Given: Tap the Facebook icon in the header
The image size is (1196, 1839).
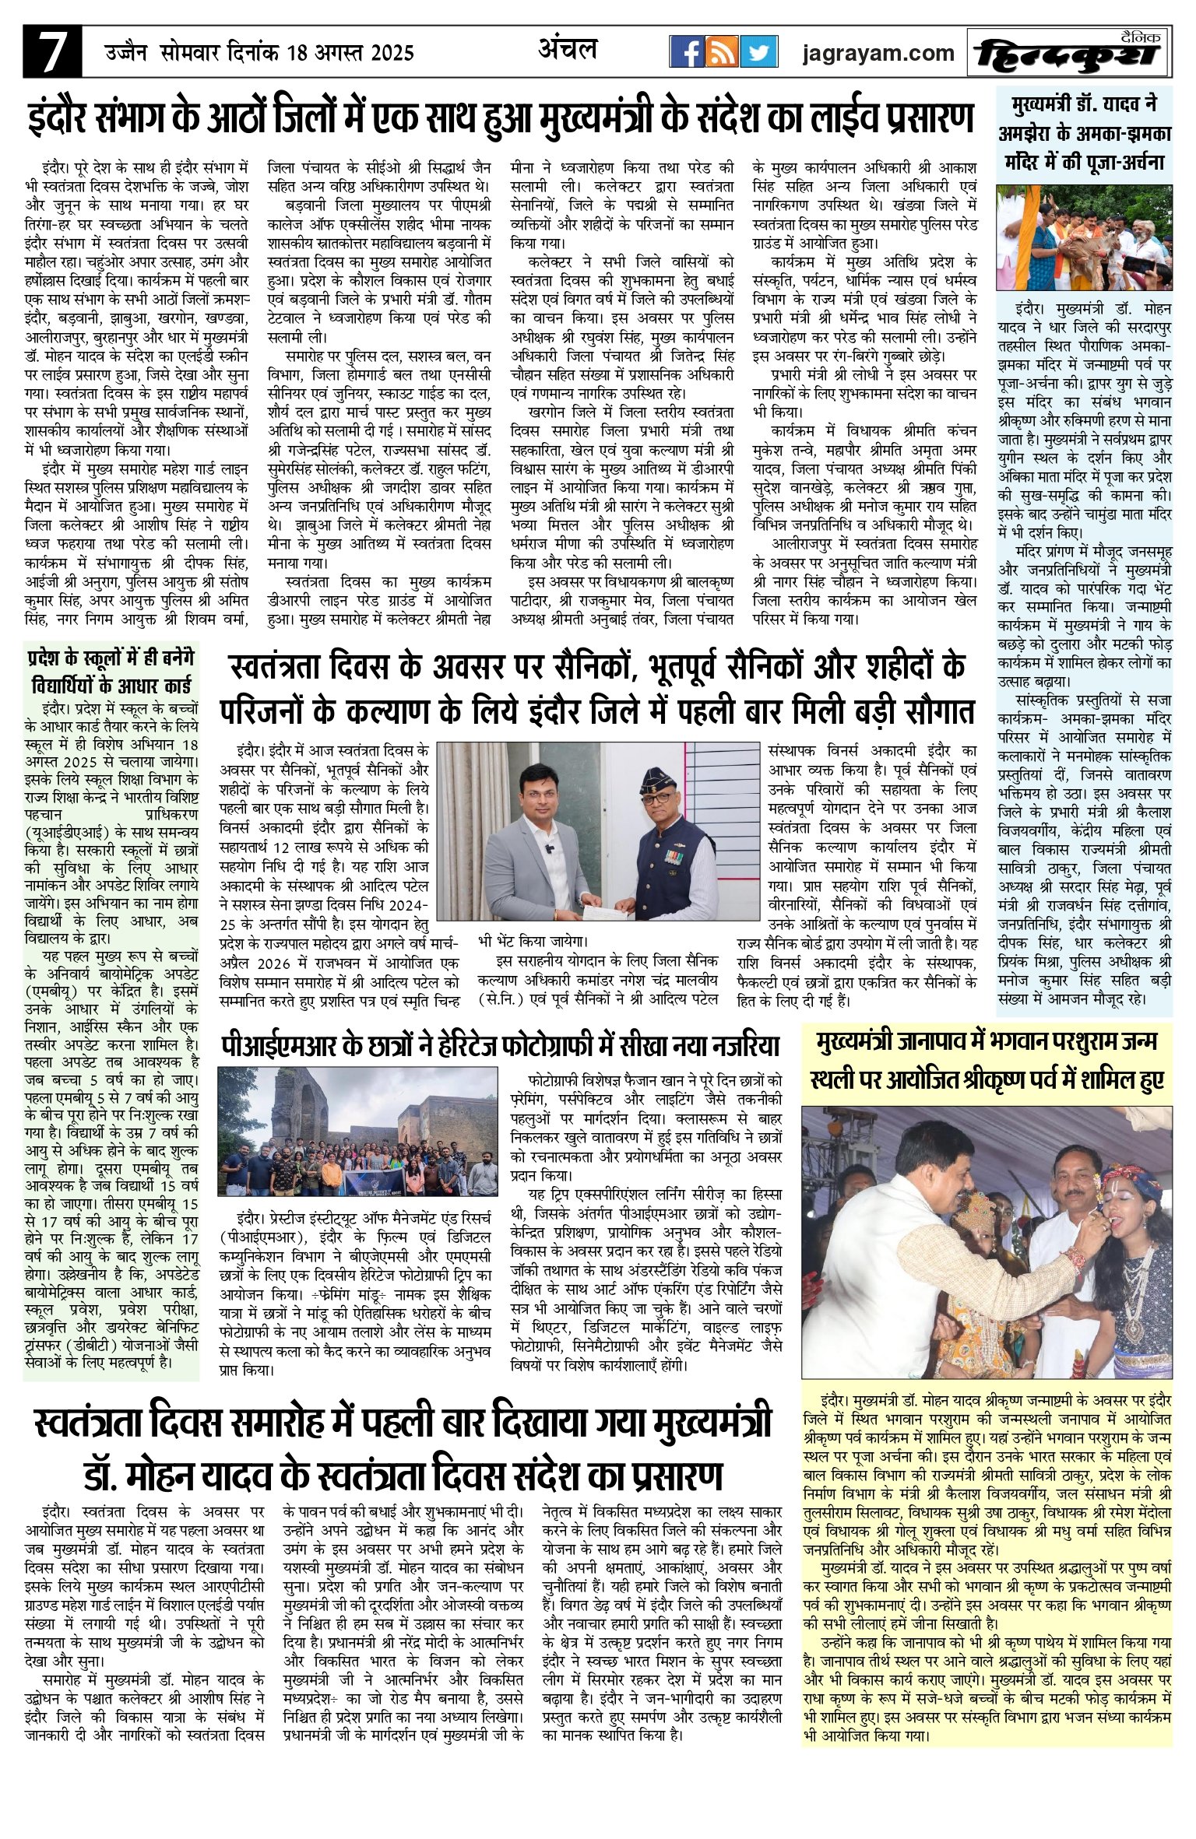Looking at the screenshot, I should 688,51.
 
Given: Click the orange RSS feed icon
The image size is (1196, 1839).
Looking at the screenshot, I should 723,51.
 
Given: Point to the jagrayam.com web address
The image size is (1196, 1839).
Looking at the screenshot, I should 878,53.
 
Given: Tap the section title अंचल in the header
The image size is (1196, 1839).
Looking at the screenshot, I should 568,49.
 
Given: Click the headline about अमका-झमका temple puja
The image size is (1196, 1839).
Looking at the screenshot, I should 1085,132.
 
